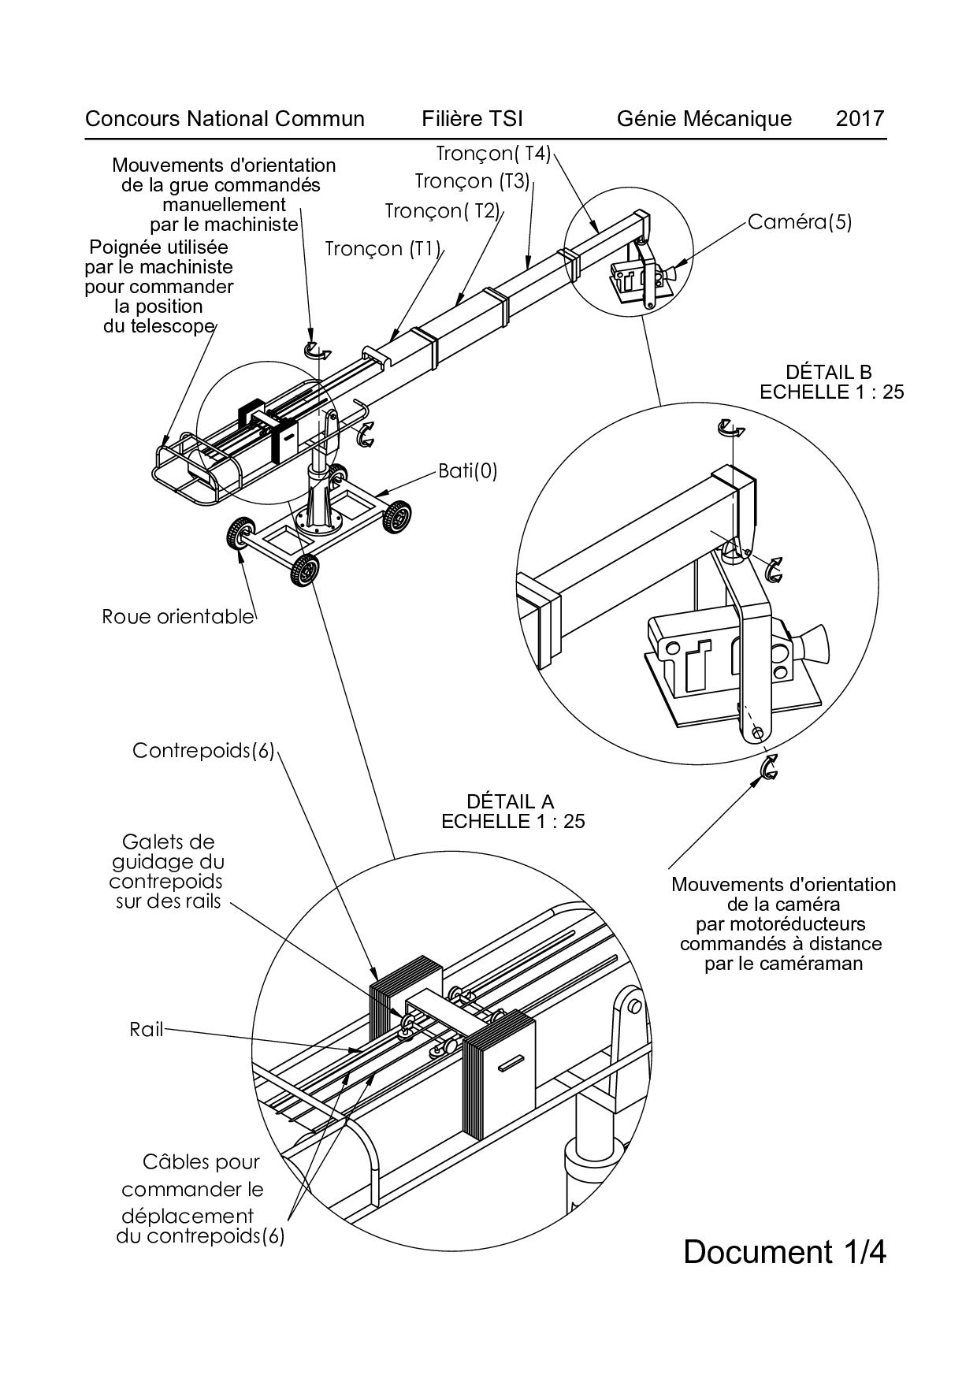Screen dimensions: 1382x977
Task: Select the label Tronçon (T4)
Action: click(x=494, y=153)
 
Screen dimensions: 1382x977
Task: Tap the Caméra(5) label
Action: click(x=799, y=222)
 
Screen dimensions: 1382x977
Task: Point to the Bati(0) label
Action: click(x=466, y=471)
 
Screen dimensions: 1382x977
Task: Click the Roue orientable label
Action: click(x=178, y=616)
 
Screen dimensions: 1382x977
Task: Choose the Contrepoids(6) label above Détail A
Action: click(x=203, y=751)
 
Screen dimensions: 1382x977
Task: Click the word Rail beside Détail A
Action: click(x=147, y=1029)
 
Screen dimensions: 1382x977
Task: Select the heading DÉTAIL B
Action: click(x=829, y=372)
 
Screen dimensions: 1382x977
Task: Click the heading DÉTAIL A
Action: click(x=511, y=801)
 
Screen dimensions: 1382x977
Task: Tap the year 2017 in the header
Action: click(x=860, y=119)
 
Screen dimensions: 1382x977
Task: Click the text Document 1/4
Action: click(x=784, y=1251)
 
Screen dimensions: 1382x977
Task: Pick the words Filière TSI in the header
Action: click(x=473, y=119)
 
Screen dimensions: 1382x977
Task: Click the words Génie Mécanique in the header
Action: click(x=704, y=119)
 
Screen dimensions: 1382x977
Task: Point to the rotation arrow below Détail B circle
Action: click(x=768, y=767)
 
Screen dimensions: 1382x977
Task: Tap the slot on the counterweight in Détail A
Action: click(x=514, y=1063)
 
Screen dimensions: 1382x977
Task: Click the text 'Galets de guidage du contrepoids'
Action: click(x=168, y=871)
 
